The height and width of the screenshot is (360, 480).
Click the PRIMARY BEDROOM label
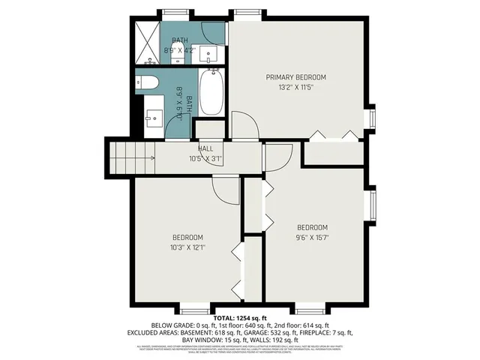click(296, 77)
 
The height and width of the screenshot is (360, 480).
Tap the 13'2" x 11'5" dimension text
click(296, 88)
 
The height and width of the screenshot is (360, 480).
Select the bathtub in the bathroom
click(212, 92)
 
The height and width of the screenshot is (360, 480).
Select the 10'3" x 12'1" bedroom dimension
click(187, 247)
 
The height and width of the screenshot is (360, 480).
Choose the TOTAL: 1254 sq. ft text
click(240, 319)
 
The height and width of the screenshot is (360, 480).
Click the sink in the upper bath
click(209, 55)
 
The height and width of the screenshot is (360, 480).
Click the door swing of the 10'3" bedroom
click(224, 193)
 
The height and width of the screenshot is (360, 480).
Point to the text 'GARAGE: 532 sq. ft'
click(304, 332)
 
